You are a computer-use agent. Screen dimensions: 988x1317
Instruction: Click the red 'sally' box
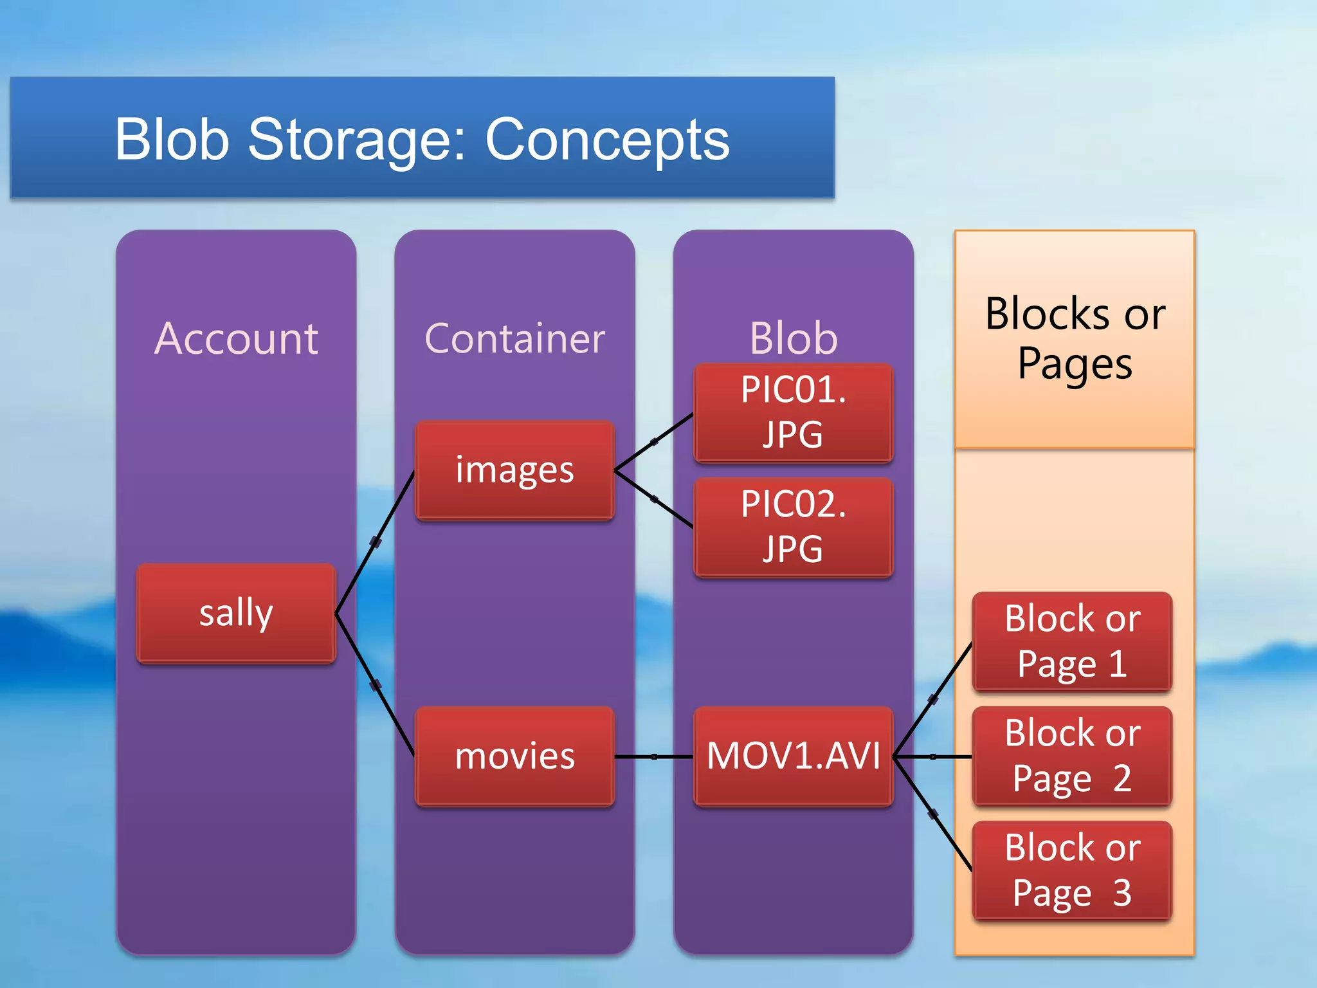[236, 613]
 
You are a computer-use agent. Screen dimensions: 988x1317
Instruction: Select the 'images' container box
[514, 470]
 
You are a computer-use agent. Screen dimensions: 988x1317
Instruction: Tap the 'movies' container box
[514, 756]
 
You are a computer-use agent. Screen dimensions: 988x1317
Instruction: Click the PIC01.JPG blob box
[793, 412]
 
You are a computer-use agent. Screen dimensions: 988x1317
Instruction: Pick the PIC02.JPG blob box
[793, 527]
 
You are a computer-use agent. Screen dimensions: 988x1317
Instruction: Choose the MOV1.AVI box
[793, 756]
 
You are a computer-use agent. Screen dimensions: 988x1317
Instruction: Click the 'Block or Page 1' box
[1072, 641]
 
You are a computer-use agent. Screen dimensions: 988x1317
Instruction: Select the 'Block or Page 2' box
[1072, 756]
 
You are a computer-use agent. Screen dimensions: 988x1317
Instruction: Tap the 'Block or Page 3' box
[1072, 870]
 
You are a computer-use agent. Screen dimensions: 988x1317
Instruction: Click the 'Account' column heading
[236, 338]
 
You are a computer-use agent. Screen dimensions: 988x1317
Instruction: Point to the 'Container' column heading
[514, 338]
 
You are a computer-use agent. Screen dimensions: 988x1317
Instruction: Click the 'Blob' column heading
[793, 338]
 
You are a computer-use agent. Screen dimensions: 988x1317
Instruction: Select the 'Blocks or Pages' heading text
[1075, 339]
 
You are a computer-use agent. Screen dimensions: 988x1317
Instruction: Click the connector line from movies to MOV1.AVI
[654, 756]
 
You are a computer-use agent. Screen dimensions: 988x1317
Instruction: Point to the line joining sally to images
[376, 542]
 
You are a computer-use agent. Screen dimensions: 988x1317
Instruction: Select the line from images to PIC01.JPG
[654, 442]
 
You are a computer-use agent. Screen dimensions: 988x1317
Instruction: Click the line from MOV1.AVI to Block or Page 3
[932, 814]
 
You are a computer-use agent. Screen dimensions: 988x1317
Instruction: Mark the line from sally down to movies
[376, 685]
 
